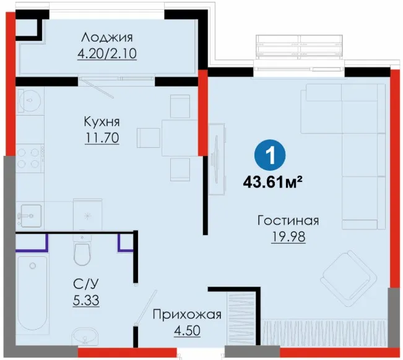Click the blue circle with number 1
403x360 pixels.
(270, 155)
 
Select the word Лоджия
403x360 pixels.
(107, 38)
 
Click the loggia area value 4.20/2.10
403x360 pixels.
(107, 54)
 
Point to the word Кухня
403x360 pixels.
(102, 122)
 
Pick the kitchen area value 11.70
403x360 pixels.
(102, 138)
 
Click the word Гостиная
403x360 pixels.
(288, 221)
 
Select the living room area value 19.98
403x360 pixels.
(288, 237)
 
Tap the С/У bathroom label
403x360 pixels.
(86, 285)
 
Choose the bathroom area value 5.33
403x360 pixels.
(86, 300)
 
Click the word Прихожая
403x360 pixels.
(187, 314)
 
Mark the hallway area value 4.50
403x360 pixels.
(187, 330)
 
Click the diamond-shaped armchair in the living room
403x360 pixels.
(347, 278)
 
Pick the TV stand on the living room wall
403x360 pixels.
(217, 159)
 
